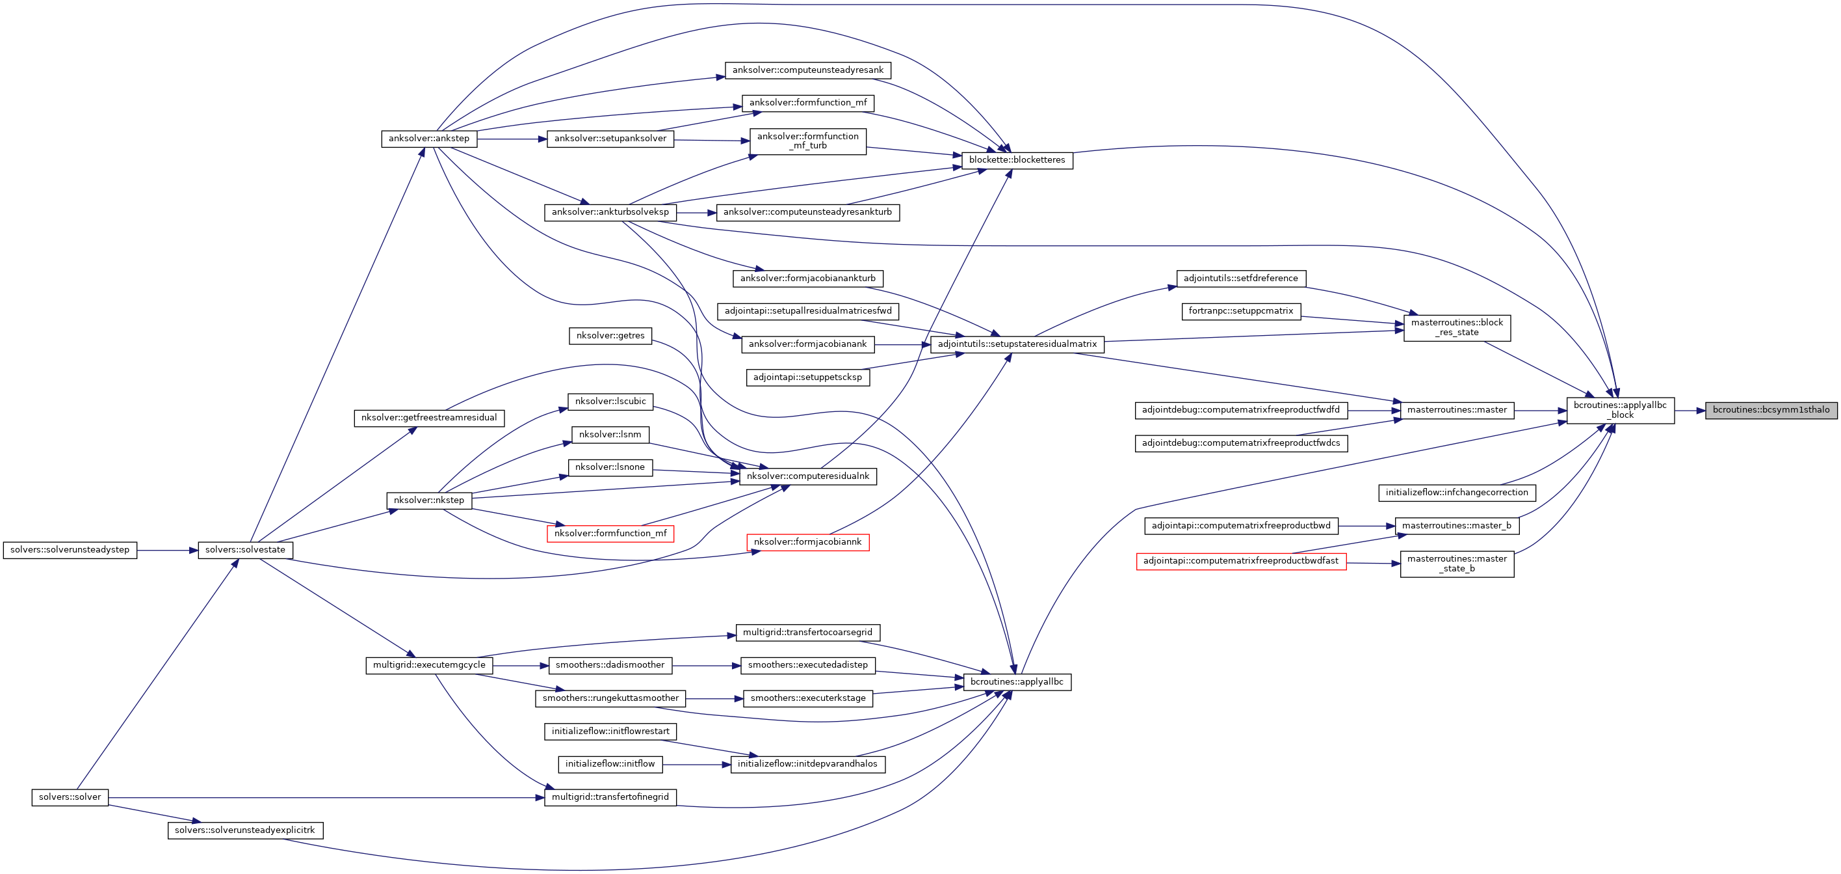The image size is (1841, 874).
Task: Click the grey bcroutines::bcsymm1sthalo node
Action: click(x=1770, y=410)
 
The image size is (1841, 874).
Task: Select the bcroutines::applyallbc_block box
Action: click(x=1619, y=411)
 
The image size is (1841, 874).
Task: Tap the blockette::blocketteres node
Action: click(x=1016, y=160)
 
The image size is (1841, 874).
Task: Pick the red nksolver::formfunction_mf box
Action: click(x=610, y=534)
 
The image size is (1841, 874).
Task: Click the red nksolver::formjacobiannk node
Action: click(x=807, y=542)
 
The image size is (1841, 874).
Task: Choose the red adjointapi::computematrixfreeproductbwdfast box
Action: click(x=1241, y=562)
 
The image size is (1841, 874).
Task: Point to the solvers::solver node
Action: click(x=70, y=797)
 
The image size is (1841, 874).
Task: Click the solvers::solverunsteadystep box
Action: click(x=70, y=550)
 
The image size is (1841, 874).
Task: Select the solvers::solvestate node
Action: click(x=245, y=550)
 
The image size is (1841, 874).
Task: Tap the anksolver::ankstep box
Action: click(x=429, y=139)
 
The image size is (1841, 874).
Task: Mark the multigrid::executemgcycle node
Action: click(x=429, y=665)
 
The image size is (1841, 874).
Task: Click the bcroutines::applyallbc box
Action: click(x=1016, y=682)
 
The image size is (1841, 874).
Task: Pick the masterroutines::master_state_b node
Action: click(x=1457, y=564)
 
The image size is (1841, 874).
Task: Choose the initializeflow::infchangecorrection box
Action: click(x=1457, y=493)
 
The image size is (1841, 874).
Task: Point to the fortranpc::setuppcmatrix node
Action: click(x=1241, y=311)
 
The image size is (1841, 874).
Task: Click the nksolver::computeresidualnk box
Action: click(x=807, y=476)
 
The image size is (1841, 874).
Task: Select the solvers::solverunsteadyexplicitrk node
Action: click(x=245, y=830)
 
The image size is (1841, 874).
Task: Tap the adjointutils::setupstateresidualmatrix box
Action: click(x=1016, y=344)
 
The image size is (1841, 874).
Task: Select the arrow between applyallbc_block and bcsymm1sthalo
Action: click(x=1690, y=411)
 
